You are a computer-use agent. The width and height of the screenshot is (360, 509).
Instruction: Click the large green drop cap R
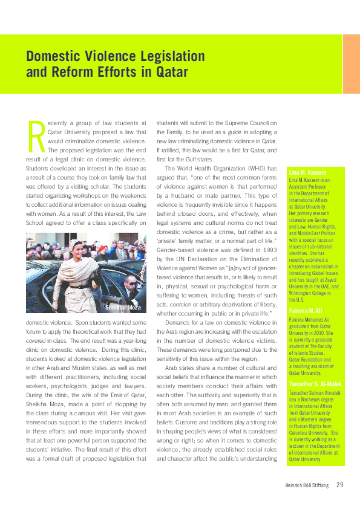(x=34, y=137)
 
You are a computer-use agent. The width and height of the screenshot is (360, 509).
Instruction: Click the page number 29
(x=340, y=484)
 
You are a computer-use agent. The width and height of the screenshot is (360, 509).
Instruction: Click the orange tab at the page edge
(x=351, y=64)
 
